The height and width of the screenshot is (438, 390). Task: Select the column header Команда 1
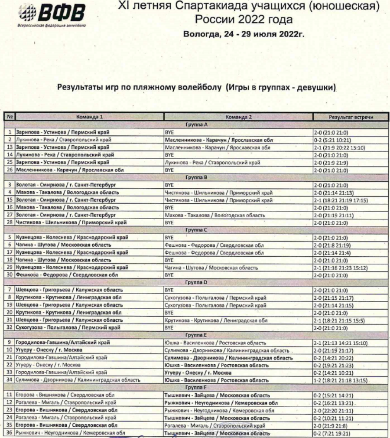click(x=90, y=117)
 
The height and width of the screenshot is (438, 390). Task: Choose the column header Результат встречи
click(x=351, y=117)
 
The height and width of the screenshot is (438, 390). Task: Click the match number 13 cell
click(x=10, y=147)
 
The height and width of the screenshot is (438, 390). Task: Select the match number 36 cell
click(x=10, y=433)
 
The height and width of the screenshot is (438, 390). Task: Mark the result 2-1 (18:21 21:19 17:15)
click(x=341, y=200)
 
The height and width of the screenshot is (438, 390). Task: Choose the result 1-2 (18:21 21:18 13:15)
click(x=341, y=380)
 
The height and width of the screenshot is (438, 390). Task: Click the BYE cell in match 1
click(x=169, y=132)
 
